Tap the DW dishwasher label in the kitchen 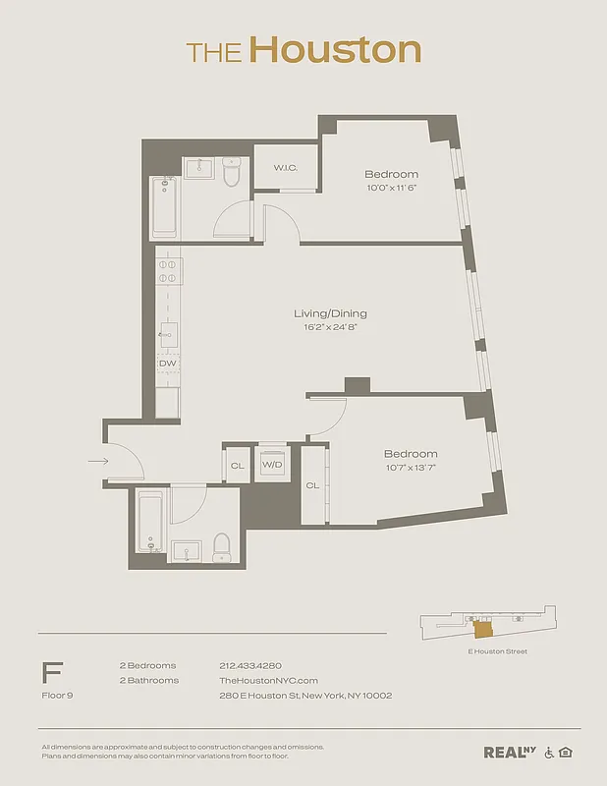click(167, 364)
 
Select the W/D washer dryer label click(273, 465)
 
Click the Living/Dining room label click(330, 314)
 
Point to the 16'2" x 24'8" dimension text click(330, 327)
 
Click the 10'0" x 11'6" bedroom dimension click(392, 188)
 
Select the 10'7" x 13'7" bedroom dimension click(410, 468)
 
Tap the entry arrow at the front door click(97, 460)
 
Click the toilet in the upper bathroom click(232, 172)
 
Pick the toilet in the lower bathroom click(221, 547)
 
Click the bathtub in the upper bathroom click(164, 207)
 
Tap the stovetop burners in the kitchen click(167, 270)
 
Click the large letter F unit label click(52, 673)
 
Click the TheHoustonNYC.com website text click(268, 680)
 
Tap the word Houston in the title click(334, 50)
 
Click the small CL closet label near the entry click(237, 465)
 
